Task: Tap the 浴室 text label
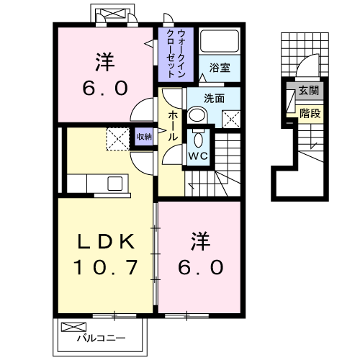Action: [x=220, y=68]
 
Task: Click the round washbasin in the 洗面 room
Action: [x=197, y=115]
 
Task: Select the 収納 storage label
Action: [x=144, y=135]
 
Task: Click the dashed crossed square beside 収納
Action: [x=117, y=138]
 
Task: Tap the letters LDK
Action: [x=105, y=240]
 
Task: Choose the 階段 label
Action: [x=310, y=112]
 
